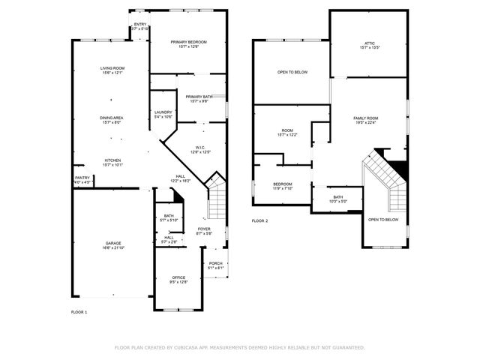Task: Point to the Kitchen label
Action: coord(112,161)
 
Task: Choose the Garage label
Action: coord(113,245)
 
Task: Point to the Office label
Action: coord(178,280)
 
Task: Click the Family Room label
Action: coord(366,121)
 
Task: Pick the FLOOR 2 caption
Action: coord(259,221)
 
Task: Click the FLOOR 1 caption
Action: coord(79,311)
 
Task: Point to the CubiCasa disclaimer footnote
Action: coord(239,347)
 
